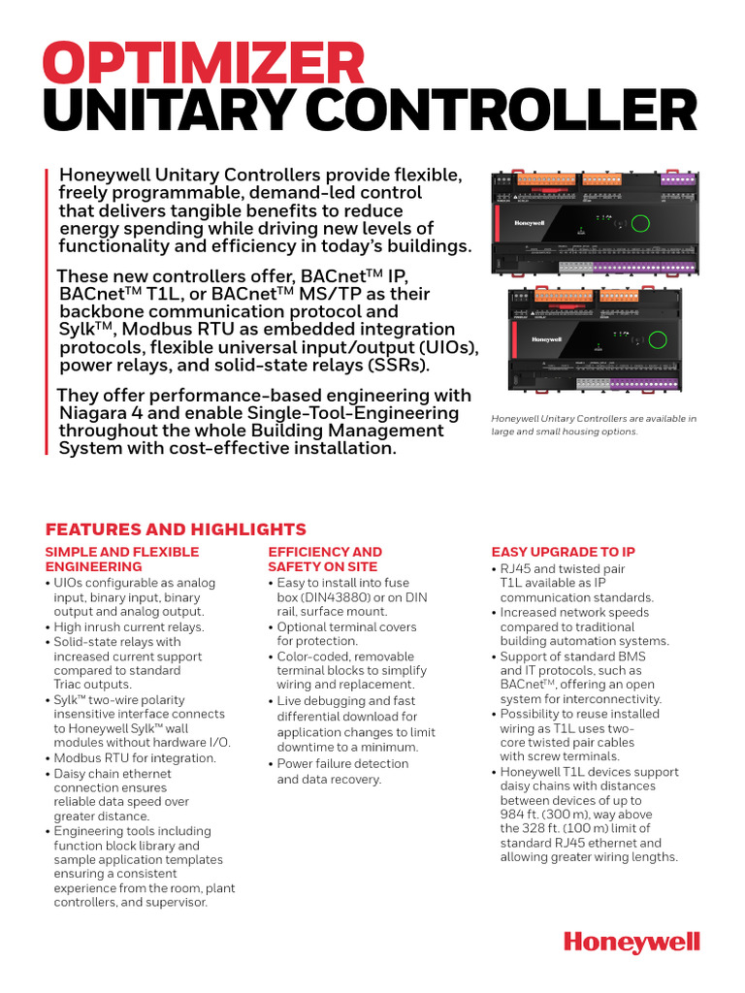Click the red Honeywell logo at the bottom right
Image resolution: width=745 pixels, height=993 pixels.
click(632, 942)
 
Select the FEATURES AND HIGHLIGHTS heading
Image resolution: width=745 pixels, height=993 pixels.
click(176, 529)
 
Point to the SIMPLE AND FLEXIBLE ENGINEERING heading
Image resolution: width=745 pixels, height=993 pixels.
click(121, 559)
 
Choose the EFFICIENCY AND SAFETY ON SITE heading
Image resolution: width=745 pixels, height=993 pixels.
click(324, 559)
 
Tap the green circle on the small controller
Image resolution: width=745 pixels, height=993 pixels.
click(661, 339)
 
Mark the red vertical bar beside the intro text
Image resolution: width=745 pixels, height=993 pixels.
click(47, 310)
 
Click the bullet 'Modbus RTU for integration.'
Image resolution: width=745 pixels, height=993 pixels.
click(135, 757)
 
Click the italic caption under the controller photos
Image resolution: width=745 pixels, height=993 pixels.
click(594, 425)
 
